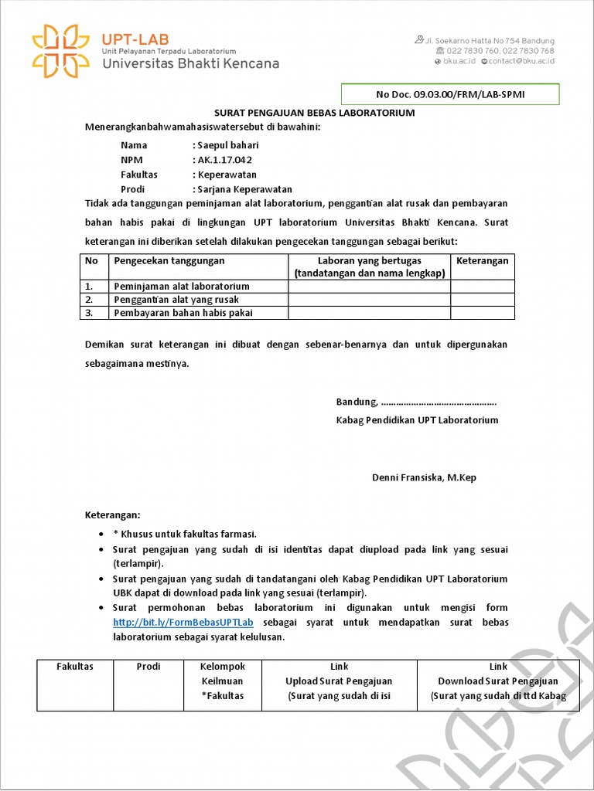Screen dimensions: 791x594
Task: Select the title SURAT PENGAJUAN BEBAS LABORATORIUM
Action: (x=314, y=113)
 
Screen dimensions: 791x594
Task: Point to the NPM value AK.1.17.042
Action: (x=225, y=160)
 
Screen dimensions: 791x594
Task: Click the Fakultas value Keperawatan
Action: (x=227, y=175)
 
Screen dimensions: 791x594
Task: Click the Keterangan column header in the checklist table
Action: (x=483, y=261)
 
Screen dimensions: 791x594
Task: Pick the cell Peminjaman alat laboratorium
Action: (x=182, y=287)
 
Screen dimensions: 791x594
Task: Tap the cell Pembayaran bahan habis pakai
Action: (x=183, y=313)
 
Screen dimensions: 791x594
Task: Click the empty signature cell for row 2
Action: (x=369, y=300)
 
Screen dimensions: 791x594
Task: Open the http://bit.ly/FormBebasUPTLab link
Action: (x=183, y=623)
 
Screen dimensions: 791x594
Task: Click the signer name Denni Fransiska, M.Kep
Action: (x=424, y=477)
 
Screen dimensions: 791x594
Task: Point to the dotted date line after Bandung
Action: (x=439, y=402)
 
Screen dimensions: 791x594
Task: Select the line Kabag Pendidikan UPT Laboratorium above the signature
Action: (x=417, y=420)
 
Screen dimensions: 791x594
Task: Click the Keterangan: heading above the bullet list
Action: (x=113, y=514)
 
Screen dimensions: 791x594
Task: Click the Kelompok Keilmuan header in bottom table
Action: (x=222, y=681)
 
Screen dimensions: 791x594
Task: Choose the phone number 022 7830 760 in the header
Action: (x=472, y=51)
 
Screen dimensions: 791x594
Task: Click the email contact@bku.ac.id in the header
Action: (x=521, y=61)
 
